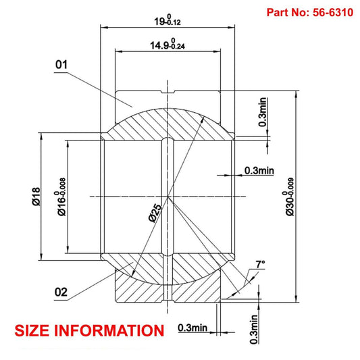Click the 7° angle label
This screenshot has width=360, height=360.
(x=260, y=264)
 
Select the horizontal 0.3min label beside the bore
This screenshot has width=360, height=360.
(x=259, y=170)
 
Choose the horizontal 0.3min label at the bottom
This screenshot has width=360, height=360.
(x=192, y=328)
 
